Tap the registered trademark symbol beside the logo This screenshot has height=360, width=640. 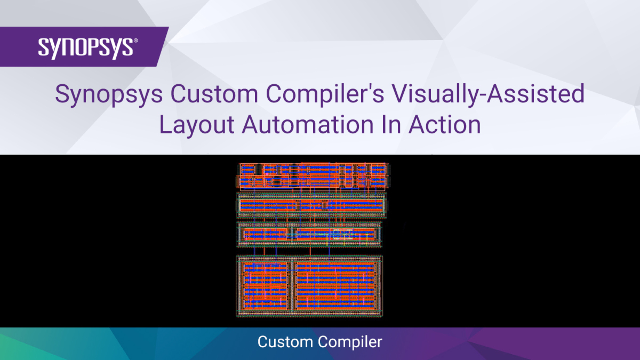click(x=136, y=40)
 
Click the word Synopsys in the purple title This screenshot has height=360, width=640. click(x=109, y=94)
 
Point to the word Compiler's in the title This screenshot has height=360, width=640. click(x=325, y=94)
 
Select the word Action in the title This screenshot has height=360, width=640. click(x=445, y=125)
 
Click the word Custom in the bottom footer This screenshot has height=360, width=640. click(x=285, y=342)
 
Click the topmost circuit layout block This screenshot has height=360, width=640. click(x=313, y=176)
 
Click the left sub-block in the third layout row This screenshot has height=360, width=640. click(x=265, y=235)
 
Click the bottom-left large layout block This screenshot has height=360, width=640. click(x=265, y=286)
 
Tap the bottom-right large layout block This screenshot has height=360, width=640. click(x=336, y=286)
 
